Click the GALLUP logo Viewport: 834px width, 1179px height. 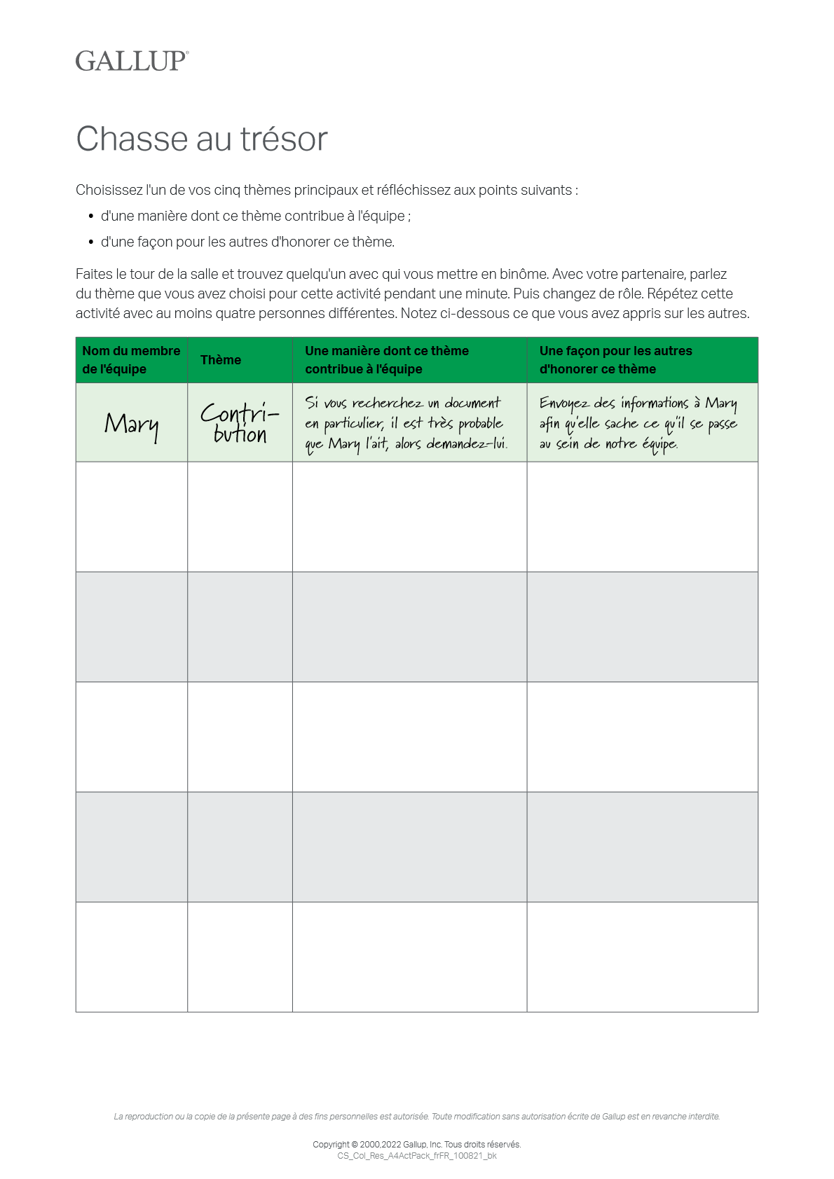pyautogui.click(x=132, y=61)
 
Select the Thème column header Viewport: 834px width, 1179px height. pyautogui.click(x=221, y=360)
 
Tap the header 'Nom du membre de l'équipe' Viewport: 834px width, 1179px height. pyautogui.click(x=131, y=360)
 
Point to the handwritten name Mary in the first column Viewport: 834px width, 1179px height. pyautogui.click(x=132, y=425)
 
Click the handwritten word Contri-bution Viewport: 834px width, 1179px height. pyautogui.click(x=240, y=423)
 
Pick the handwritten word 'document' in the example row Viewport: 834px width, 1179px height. pyautogui.click(x=472, y=403)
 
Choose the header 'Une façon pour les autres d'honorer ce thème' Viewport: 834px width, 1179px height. pyautogui.click(x=615, y=360)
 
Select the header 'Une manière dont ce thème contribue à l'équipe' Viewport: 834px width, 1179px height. pyautogui.click(x=387, y=360)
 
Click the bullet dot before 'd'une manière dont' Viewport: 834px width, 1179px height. pyautogui.click(x=91, y=216)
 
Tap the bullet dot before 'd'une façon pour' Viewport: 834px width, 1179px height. pyautogui.click(x=91, y=242)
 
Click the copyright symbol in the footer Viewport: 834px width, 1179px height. pyautogui.click(x=355, y=1145)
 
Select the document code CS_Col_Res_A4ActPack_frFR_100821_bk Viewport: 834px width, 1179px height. pyautogui.click(x=417, y=1156)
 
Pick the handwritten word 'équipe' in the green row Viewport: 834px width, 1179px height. pyautogui.click(x=659, y=444)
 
